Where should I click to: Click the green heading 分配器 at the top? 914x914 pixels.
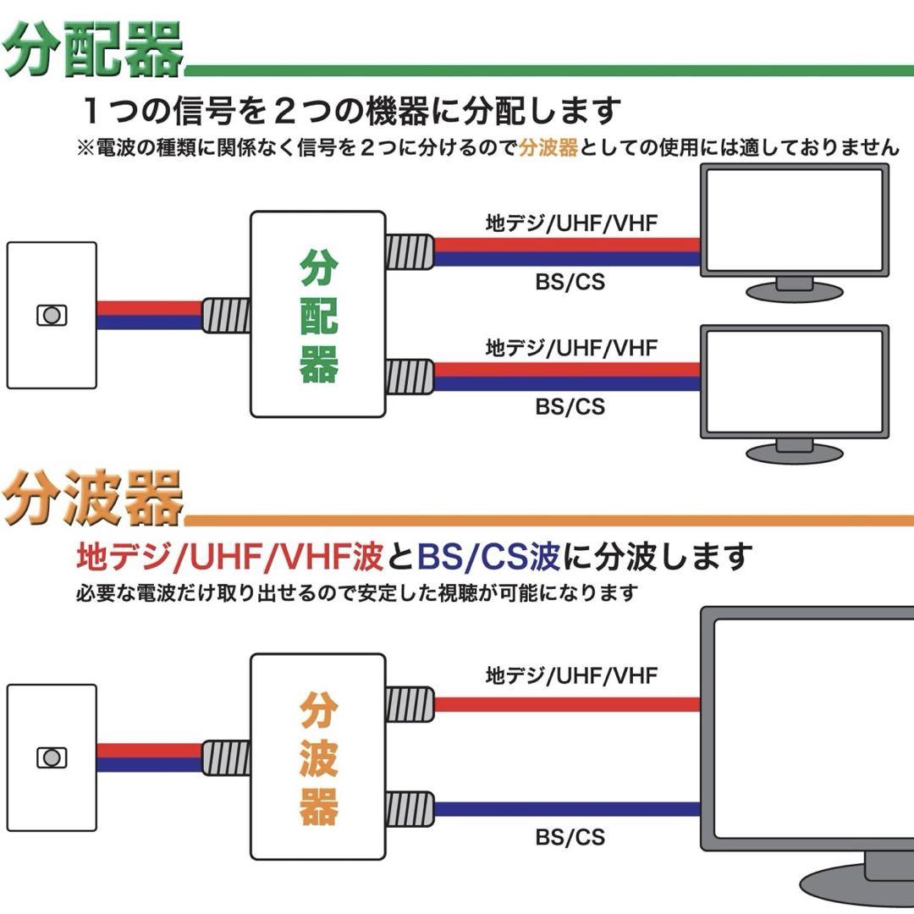tap(93, 50)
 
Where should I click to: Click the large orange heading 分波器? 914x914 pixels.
tap(93, 499)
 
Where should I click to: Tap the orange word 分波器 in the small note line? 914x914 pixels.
tap(548, 147)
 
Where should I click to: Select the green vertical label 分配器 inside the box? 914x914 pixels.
tap(318, 316)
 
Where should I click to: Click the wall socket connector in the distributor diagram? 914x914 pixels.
tap(52, 316)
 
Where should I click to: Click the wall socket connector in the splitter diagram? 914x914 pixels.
tap(52, 757)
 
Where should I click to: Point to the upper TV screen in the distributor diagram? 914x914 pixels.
tap(795, 220)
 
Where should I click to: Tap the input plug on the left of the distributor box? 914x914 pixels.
tap(226, 316)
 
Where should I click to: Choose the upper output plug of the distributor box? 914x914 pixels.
tap(410, 252)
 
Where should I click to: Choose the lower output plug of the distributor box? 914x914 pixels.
tap(410, 377)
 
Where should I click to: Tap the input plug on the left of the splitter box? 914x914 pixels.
tap(226, 757)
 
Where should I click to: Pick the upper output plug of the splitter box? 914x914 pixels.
tap(410, 704)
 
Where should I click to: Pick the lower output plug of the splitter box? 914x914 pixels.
tap(410, 809)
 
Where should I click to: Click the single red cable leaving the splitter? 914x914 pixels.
tap(567, 704)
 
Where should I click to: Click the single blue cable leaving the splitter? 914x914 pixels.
tap(567, 809)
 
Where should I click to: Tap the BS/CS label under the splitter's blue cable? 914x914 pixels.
tap(570, 838)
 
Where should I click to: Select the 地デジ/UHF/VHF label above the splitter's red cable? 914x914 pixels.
tap(571, 675)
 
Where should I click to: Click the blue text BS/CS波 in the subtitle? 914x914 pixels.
tap(488, 557)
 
